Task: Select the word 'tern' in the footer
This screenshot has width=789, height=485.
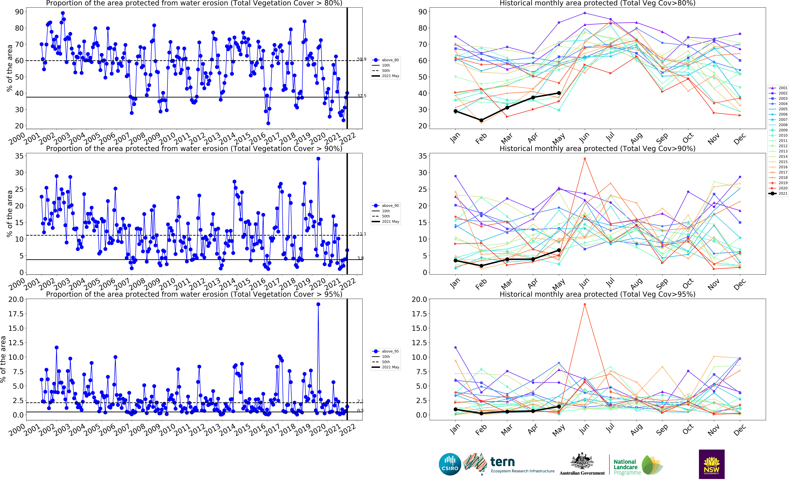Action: point(502,462)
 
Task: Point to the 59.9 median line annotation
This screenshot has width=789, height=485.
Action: point(362,59)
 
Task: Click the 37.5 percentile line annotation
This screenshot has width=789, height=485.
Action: point(362,96)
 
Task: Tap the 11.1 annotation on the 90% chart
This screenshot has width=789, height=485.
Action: point(362,234)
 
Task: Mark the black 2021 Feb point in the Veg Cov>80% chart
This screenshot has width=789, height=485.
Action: point(481,120)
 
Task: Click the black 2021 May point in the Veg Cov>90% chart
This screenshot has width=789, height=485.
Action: point(559,250)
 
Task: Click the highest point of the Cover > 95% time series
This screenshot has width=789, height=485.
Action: point(318,304)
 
